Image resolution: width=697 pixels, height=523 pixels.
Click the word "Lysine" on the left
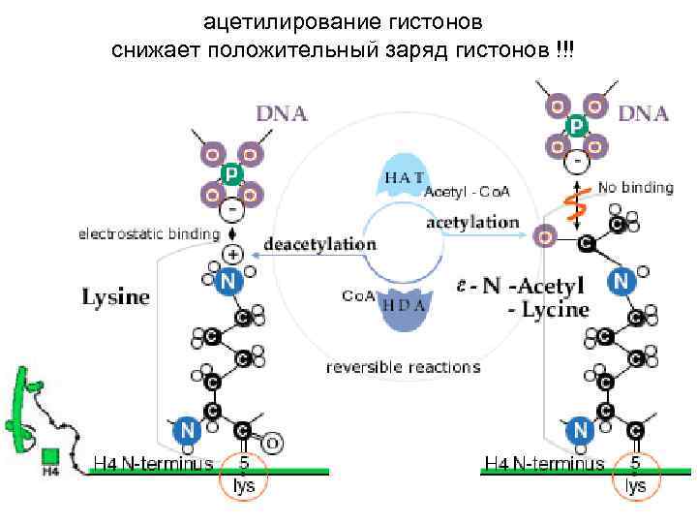coord(114,297)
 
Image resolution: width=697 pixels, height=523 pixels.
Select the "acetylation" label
coord(472,222)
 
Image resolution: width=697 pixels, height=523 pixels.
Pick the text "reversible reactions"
coord(403,367)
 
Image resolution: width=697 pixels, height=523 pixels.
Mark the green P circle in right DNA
coord(576,126)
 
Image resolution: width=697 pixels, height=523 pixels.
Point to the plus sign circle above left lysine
coord(233,255)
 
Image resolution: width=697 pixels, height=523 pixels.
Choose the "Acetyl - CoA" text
coord(468,192)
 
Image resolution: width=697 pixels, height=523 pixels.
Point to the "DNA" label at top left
coord(282,113)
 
